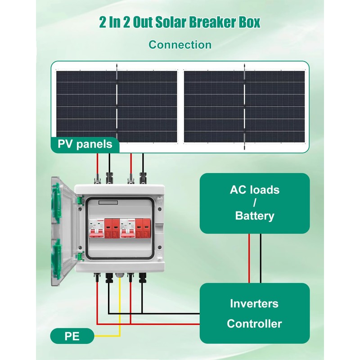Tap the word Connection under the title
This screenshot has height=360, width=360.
[180, 45]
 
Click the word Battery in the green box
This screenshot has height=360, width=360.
[254, 216]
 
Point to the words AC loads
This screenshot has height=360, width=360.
[254, 189]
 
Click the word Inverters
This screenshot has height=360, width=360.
[254, 303]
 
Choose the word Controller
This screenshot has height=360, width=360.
[254, 323]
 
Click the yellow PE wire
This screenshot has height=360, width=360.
[120, 310]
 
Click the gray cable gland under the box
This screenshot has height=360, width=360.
[120, 275]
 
